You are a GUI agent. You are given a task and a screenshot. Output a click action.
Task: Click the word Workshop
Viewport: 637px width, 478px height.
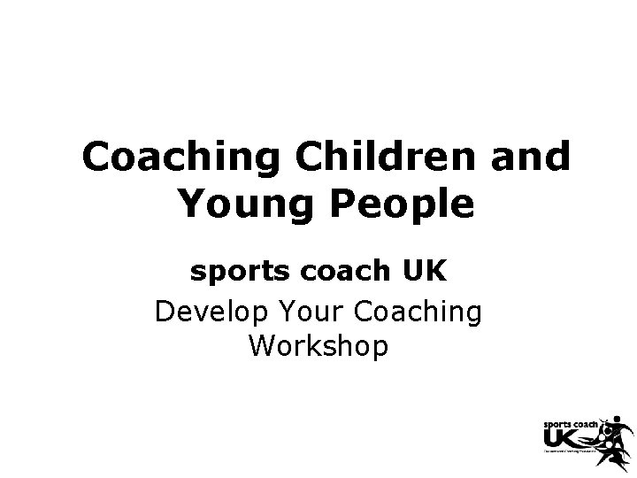318,346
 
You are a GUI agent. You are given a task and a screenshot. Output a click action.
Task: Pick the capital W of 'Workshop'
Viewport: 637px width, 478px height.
263,346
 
